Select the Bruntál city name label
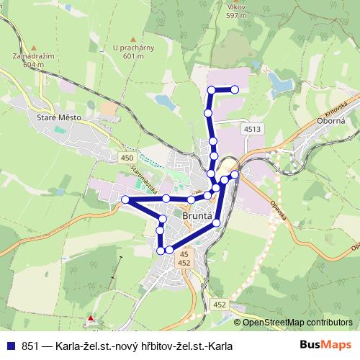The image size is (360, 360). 197,215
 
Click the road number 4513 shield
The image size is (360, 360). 252,129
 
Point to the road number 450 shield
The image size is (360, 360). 127,158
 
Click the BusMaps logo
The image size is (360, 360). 325,345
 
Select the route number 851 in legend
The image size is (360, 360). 30,346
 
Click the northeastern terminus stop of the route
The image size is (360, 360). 235,89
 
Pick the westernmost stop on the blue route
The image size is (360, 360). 125,199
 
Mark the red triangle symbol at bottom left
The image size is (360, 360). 90,318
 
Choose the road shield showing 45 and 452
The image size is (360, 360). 184,259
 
